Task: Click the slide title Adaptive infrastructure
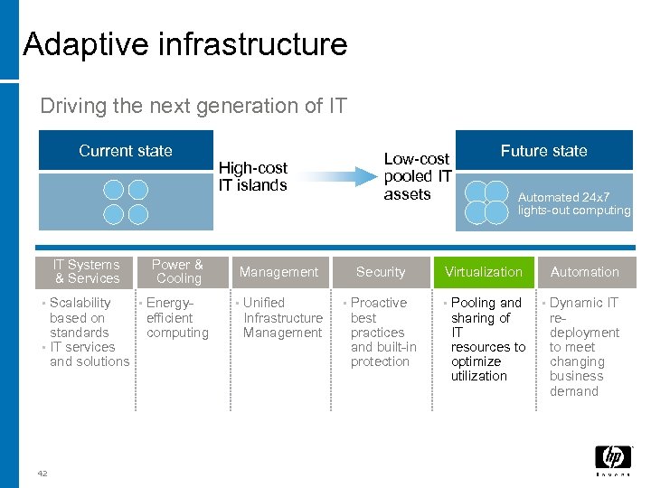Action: point(185,44)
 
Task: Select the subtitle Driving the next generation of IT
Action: point(193,106)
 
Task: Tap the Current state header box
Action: point(125,151)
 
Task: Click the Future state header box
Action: point(543,151)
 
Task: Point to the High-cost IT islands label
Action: point(252,176)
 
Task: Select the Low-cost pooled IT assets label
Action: point(417,176)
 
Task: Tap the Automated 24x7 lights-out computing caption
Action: point(573,203)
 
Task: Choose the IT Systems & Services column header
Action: point(86,271)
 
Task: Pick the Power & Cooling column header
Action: point(177,271)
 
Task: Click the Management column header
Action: point(278,272)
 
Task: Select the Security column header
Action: point(381,272)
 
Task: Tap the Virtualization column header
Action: point(484,272)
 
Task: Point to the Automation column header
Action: point(585,272)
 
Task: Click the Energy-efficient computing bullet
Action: point(177,317)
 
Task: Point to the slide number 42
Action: point(42,473)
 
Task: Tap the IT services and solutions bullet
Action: point(89,354)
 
